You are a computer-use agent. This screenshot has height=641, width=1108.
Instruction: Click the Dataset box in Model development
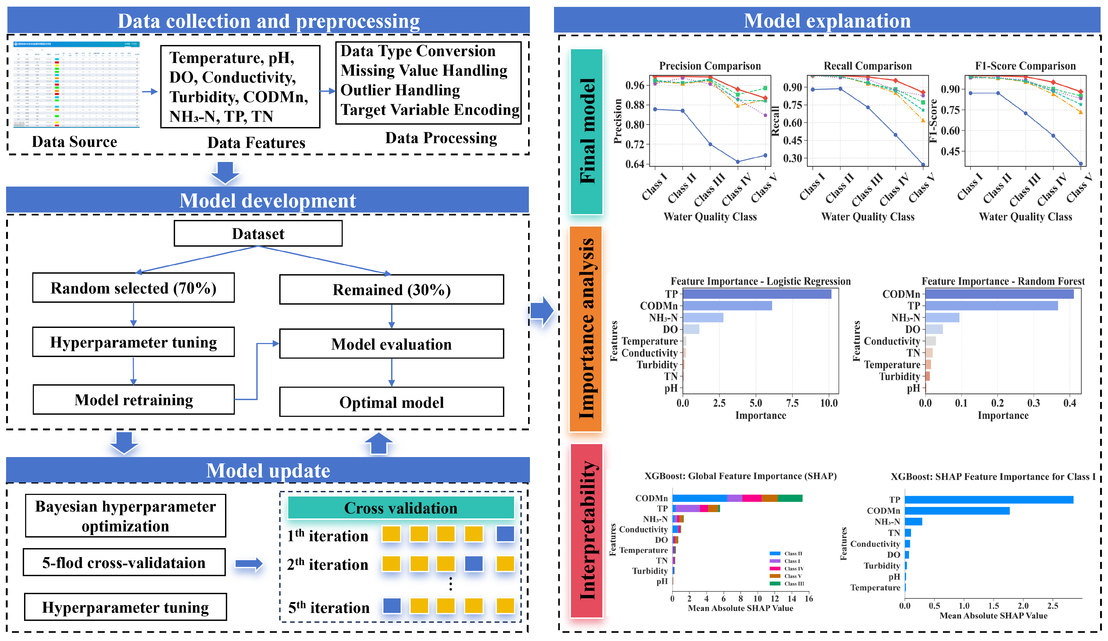(258, 234)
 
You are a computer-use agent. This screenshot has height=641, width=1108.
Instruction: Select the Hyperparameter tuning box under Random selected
(133, 342)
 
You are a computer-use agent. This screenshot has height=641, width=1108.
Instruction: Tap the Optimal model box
(391, 402)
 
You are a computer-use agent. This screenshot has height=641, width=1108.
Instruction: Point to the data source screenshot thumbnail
(76, 84)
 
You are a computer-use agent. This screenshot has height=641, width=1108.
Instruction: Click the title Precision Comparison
(710, 66)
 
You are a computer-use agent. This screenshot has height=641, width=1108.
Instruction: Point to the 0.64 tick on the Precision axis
(634, 164)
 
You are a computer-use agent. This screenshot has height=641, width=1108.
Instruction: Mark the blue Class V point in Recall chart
(923, 165)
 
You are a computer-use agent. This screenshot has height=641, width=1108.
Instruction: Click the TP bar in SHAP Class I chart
(989, 500)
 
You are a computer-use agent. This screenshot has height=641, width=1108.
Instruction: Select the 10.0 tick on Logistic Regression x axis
(829, 403)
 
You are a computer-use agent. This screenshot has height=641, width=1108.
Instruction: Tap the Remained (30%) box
(391, 290)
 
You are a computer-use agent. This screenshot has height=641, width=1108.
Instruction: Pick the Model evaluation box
(391, 344)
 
